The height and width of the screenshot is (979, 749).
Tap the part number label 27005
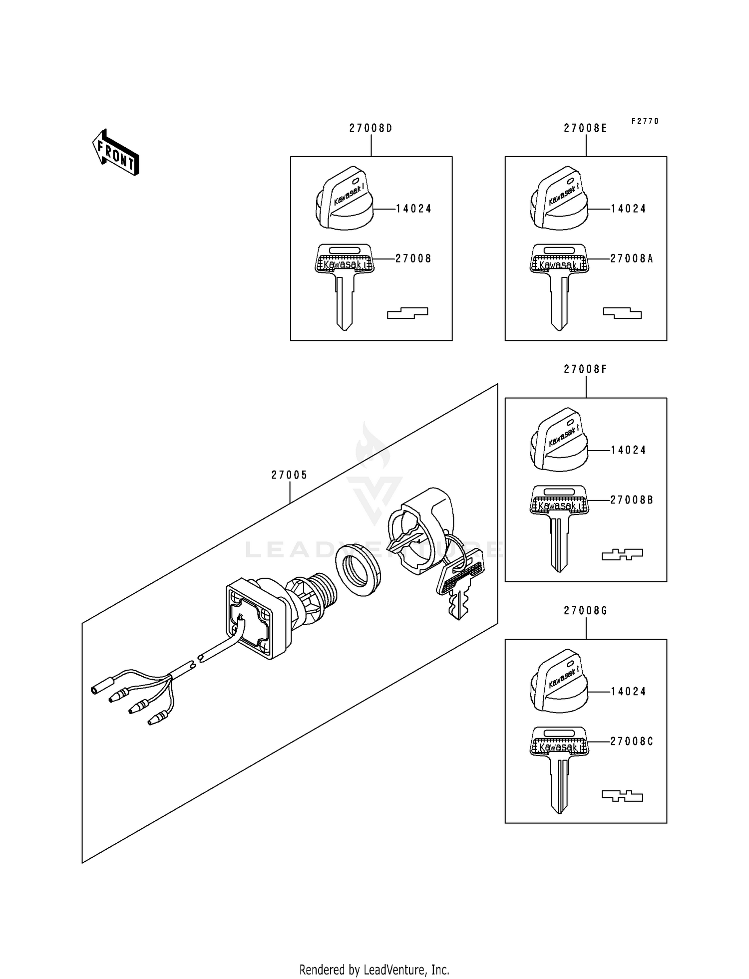289,476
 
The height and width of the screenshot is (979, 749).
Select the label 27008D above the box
371,128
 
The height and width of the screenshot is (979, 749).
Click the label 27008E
585,128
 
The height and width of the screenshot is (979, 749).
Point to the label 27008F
585,370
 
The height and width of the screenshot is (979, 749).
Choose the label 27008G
585,611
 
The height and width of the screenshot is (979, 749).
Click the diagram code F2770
645,121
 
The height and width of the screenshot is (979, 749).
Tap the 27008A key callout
631,258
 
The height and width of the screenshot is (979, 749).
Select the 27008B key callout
631,500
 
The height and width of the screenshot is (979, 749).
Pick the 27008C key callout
631,741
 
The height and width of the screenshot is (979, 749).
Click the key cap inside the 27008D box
345,200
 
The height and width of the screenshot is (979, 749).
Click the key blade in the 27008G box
559,783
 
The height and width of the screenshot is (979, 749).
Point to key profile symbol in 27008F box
622,554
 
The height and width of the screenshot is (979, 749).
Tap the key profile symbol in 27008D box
407,313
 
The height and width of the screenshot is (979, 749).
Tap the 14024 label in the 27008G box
628,692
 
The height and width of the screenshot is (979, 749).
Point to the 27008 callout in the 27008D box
413,258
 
